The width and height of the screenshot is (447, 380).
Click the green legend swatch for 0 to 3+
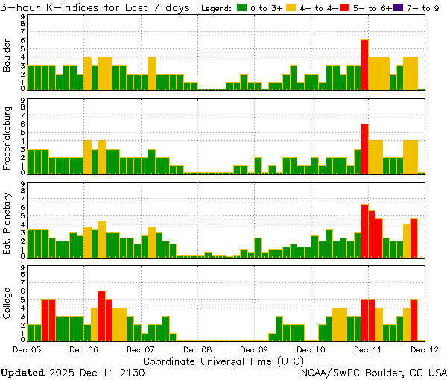pyautogui.click(x=242, y=7)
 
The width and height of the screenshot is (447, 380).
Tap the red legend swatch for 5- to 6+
pyautogui.click(x=345, y=7)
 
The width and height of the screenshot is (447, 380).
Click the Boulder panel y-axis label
pyautogui.click(x=7, y=57)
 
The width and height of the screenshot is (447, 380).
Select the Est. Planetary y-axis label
pyautogui.click(x=7, y=224)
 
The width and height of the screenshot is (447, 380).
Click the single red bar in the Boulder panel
pyautogui.click(x=365, y=65)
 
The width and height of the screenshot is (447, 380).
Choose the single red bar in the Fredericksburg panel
pyautogui.click(x=365, y=148)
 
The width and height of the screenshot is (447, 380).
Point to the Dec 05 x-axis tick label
pyautogui.click(x=26, y=349)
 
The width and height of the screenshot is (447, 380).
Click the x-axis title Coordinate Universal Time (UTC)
pyautogui.click(x=223, y=360)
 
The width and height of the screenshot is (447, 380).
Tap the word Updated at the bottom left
pyautogui.click(x=22, y=371)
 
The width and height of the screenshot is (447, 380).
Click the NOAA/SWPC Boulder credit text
pyautogui.click(x=373, y=371)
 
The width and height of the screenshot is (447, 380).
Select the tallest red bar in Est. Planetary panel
pyautogui.click(x=365, y=230)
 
